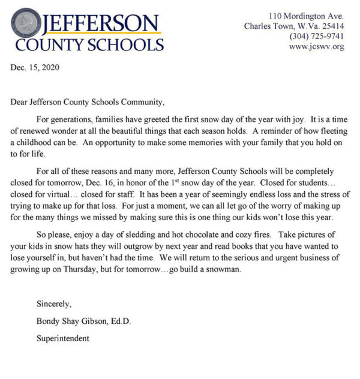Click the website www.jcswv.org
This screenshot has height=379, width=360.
(317, 47)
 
